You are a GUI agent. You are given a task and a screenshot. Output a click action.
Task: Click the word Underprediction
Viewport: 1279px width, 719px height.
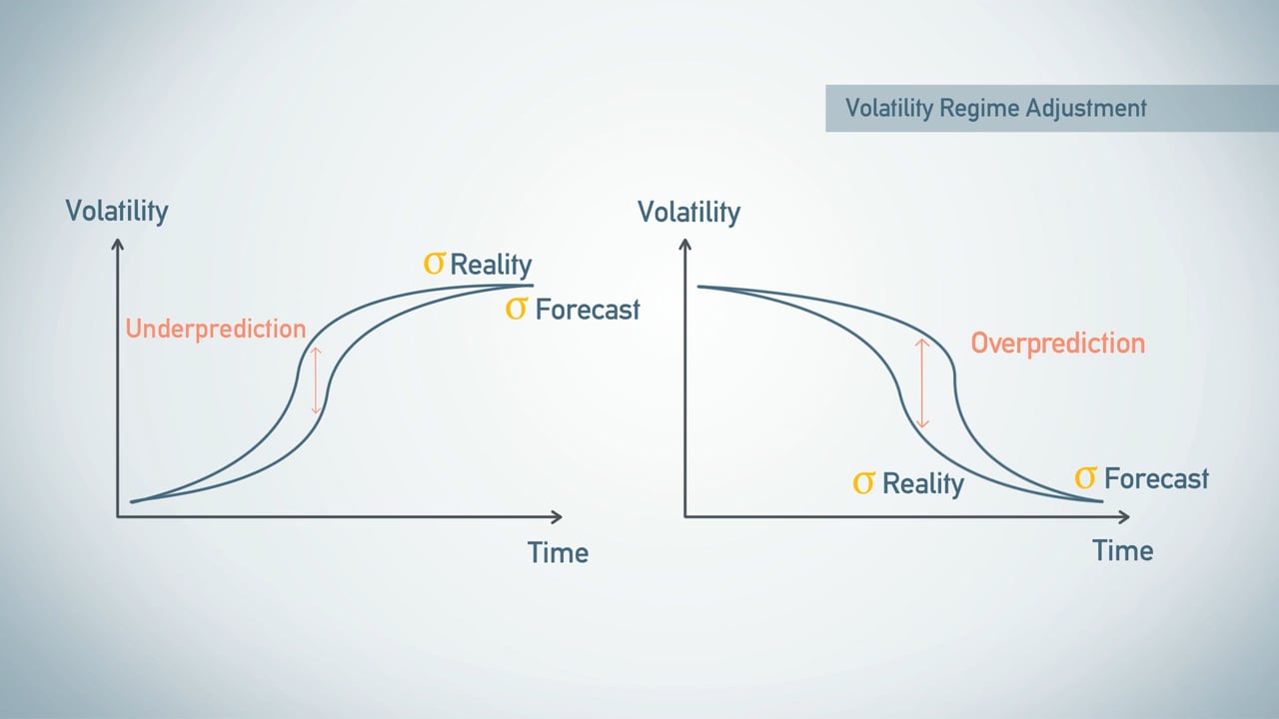click(x=215, y=329)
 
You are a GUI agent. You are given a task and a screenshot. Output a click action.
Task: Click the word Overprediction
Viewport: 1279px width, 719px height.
click(x=1057, y=344)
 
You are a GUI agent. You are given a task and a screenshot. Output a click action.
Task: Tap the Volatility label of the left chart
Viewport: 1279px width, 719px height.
click(x=117, y=212)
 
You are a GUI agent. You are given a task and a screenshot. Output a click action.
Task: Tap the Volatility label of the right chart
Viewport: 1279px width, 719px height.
click(x=688, y=213)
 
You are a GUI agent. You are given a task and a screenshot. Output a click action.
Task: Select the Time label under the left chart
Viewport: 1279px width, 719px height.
click(x=558, y=552)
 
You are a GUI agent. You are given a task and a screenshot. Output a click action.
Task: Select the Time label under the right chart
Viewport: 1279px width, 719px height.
click(x=1122, y=550)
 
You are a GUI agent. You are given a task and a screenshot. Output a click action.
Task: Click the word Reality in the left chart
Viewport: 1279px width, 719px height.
click(x=491, y=265)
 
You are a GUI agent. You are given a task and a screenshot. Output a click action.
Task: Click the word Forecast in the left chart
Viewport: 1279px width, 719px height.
click(x=587, y=310)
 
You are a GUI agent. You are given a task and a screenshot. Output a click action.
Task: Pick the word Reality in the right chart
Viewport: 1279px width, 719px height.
click(x=923, y=484)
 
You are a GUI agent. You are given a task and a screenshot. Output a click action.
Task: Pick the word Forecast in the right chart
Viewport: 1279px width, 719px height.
click(x=1156, y=479)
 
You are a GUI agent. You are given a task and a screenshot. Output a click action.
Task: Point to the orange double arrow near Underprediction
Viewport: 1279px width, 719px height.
click(x=316, y=379)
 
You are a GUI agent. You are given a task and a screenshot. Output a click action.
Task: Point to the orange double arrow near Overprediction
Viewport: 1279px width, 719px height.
click(x=922, y=383)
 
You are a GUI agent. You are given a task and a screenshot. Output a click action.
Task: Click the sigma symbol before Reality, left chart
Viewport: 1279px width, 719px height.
click(x=434, y=264)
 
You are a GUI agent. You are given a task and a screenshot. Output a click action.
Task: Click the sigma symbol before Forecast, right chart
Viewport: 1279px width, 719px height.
click(x=1085, y=478)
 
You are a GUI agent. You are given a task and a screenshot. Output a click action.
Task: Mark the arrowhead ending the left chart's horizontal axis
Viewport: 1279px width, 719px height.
click(x=556, y=516)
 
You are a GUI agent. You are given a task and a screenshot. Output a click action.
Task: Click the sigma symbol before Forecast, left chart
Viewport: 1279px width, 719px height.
click(x=516, y=309)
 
